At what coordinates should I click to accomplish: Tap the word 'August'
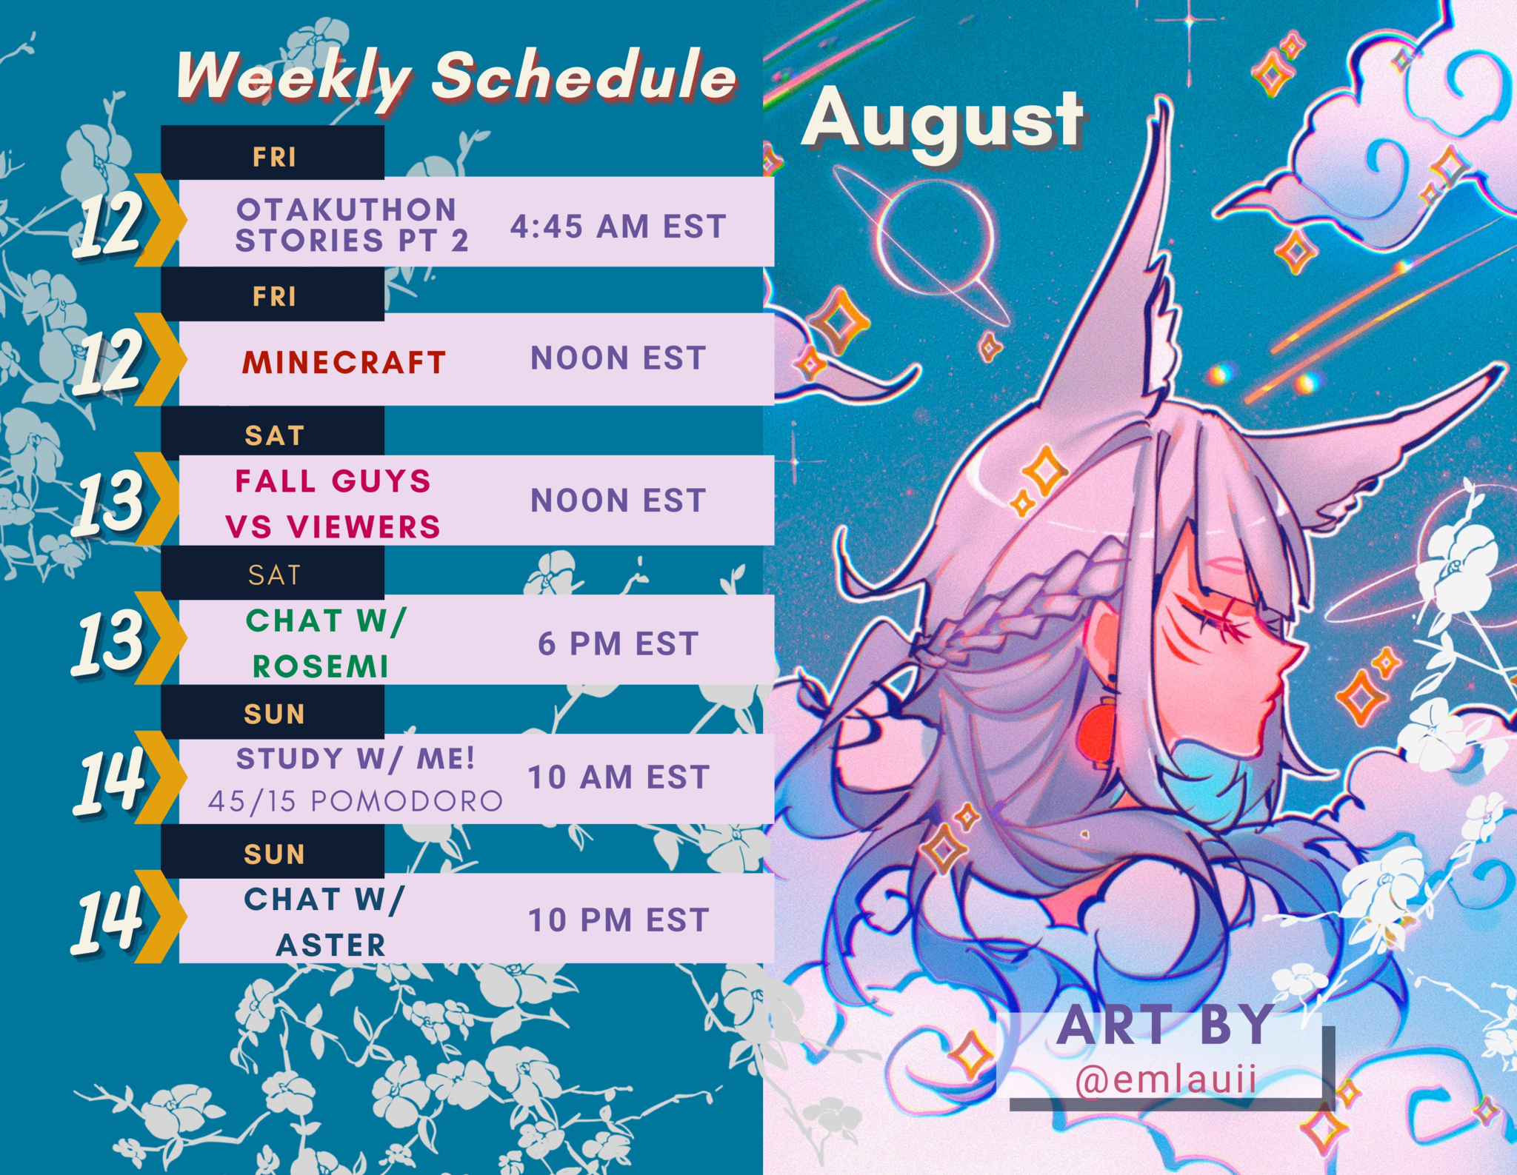point(942,121)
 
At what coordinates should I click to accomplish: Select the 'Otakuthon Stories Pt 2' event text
point(352,225)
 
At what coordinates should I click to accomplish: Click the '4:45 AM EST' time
point(618,227)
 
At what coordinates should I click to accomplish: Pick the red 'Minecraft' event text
point(344,362)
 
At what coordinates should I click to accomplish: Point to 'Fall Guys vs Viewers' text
point(333,504)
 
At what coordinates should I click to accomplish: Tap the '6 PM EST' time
point(618,643)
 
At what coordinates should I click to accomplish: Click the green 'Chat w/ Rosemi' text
point(325,643)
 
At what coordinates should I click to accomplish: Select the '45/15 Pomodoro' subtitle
point(355,801)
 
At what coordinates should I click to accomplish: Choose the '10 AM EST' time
point(619,777)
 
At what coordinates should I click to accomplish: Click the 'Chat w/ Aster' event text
point(324,922)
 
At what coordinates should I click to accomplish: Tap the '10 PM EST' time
point(619,920)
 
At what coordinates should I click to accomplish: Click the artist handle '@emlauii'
point(1166,1079)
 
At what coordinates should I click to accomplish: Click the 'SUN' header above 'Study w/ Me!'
point(275,714)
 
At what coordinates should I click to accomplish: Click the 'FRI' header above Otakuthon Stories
point(274,157)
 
